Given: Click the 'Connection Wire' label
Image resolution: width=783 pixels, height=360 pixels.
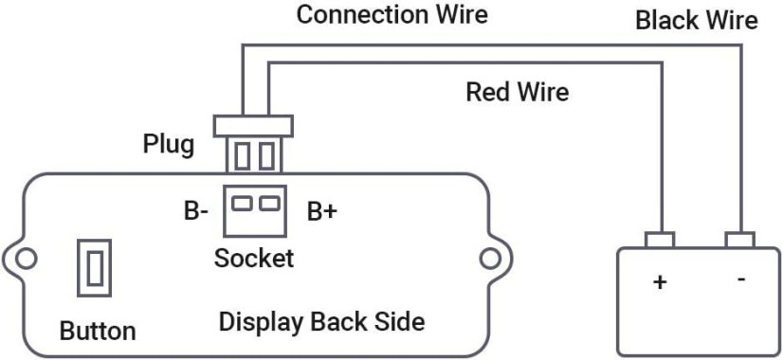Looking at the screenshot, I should click(x=391, y=14).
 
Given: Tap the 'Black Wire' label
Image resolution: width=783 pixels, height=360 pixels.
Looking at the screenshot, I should click(x=696, y=20).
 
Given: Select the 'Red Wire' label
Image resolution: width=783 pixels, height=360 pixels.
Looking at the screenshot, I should click(x=517, y=92).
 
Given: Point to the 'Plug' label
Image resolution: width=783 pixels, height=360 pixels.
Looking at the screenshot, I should click(x=169, y=144).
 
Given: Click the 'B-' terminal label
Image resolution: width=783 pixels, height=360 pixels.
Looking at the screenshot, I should click(x=195, y=211).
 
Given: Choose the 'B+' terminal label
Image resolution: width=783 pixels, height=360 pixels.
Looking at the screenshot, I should click(x=322, y=211).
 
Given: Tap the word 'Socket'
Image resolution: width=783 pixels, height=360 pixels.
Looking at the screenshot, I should click(x=254, y=258).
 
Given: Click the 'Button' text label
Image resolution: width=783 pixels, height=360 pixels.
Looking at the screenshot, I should click(x=98, y=332).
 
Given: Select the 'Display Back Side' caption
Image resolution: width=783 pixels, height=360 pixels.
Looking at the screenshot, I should click(x=321, y=321).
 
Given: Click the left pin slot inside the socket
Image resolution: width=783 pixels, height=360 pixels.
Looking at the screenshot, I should click(x=243, y=202).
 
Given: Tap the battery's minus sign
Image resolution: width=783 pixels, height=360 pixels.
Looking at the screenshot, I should click(x=740, y=280).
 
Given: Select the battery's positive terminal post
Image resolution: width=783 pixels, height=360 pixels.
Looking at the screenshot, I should click(x=660, y=240).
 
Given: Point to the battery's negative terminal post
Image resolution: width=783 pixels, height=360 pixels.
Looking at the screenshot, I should click(x=739, y=240).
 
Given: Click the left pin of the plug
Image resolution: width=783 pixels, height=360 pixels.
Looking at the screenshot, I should click(x=243, y=153).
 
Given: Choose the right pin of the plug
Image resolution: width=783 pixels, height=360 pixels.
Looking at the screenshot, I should click(x=267, y=153).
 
